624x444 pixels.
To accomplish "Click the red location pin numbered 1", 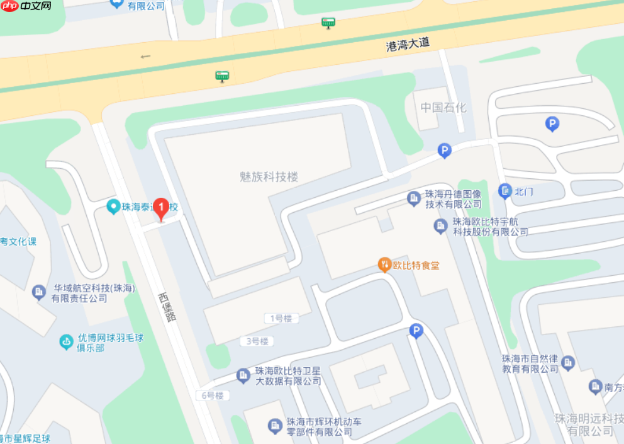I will (x=161, y=208).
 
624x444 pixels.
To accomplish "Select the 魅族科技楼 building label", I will (x=269, y=177).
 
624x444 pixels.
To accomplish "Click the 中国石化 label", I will (x=443, y=107).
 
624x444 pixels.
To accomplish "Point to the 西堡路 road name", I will (x=167, y=307).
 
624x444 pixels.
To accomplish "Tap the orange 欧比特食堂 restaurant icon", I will (x=384, y=265).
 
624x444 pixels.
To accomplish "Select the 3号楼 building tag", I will (x=254, y=341).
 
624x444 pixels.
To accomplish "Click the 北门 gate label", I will (x=524, y=191).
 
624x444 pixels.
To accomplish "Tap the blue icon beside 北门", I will (x=504, y=191).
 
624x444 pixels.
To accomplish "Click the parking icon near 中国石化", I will (x=445, y=151).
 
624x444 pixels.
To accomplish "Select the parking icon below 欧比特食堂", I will (x=416, y=330).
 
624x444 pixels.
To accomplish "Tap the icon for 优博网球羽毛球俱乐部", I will (x=66, y=342).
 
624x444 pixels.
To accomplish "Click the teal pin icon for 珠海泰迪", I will (x=113, y=206).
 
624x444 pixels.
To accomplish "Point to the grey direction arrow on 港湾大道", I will (x=146, y=57).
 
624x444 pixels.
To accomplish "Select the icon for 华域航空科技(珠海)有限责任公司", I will (x=40, y=292).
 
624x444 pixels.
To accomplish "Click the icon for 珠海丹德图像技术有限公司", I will (x=414, y=198).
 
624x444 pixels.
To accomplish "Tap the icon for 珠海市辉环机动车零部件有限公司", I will (x=274, y=426).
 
